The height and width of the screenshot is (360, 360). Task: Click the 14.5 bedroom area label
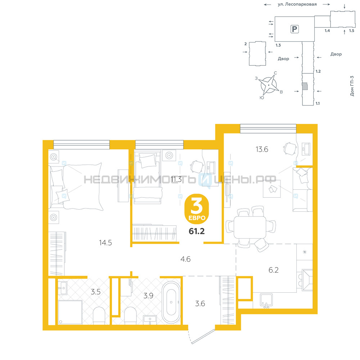(x=105, y=243)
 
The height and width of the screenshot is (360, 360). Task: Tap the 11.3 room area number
(x=176, y=179)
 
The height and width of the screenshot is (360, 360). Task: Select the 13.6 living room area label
(x=262, y=149)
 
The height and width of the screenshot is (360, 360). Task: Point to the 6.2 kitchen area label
(x=274, y=270)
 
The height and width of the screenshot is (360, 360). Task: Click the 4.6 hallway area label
(x=185, y=259)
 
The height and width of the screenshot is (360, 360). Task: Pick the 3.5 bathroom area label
(x=95, y=292)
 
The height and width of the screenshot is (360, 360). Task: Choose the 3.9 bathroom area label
(x=148, y=296)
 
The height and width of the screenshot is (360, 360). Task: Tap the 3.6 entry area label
(x=200, y=303)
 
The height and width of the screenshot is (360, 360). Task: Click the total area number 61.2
(x=197, y=231)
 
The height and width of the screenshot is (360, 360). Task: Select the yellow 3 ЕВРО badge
(x=197, y=209)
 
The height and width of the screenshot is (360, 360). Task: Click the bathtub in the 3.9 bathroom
(x=171, y=302)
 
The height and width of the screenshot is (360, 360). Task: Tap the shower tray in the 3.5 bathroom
(x=70, y=312)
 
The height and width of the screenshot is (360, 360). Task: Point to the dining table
(x=250, y=227)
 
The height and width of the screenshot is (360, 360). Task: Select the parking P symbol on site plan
(x=294, y=29)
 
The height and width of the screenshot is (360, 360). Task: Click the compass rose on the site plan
(x=268, y=85)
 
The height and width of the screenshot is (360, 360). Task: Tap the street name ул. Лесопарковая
(x=297, y=4)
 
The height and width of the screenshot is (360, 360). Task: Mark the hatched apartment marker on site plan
(x=305, y=86)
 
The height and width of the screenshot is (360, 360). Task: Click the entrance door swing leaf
(x=203, y=337)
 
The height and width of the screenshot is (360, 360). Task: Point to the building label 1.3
(x=278, y=45)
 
